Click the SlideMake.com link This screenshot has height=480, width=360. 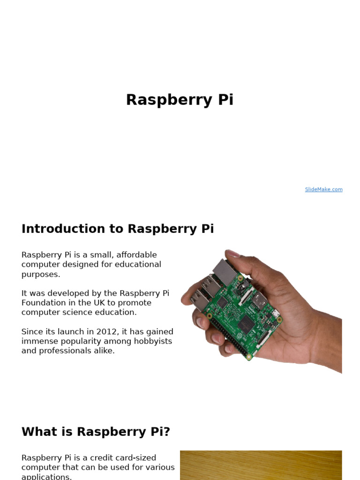(x=323, y=189)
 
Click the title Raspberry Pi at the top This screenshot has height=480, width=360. (x=180, y=100)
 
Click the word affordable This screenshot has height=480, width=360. (x=136, y=255)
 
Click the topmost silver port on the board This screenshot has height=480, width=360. (x=224, y=270)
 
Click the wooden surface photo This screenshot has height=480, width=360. (x=261, y=465)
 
